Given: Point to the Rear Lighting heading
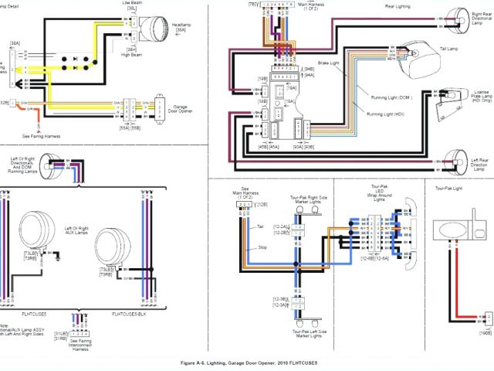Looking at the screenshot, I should (399, 6).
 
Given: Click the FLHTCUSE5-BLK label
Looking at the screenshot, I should (130, 315).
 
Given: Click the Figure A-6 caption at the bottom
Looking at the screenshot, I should (247, 363).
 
